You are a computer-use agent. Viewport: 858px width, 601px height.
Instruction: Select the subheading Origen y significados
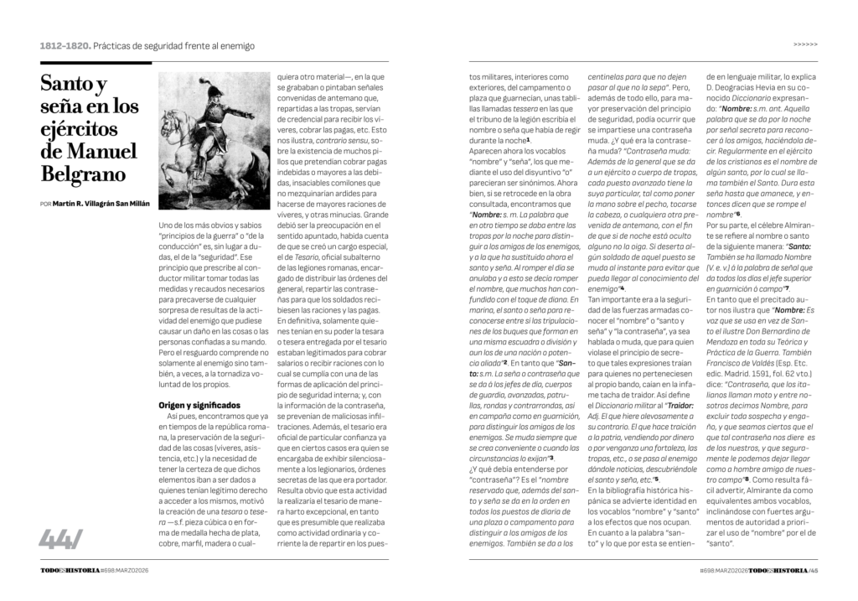(199, 405)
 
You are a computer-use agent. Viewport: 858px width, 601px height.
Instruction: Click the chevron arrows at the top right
(805, 45)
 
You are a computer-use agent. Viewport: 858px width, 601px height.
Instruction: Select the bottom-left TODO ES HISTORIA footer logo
(69, 571)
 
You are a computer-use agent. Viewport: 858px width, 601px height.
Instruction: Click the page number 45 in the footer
(813, 571)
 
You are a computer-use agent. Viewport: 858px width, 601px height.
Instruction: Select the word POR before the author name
(45, 205)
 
